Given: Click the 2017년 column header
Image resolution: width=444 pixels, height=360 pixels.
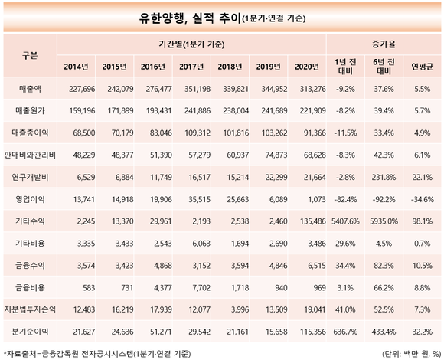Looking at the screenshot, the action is click(191, 67).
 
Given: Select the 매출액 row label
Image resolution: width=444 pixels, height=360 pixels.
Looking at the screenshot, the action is click(30, 89).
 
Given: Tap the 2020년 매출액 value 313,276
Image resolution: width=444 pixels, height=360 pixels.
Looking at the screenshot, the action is click(313, 89).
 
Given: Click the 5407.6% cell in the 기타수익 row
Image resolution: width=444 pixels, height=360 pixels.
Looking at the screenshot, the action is click(345, 221).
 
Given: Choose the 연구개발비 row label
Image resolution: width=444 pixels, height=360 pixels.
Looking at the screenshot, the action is click(30, 177).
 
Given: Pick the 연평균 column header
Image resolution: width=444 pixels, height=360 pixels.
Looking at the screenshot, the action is click(423, 67).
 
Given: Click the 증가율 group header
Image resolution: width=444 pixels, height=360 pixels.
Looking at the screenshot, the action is click(384, 44).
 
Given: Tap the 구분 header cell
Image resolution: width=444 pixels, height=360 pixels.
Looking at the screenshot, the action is click(30, 55).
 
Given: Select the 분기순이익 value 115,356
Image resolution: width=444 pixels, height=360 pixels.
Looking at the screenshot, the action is click(313, 332).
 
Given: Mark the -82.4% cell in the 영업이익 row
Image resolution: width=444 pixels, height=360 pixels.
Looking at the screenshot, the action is click(345, 199).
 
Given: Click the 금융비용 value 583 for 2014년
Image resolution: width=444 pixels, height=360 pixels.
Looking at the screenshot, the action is click(89, 288).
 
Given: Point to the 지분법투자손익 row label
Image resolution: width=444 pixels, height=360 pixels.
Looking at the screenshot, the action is click(30, 309).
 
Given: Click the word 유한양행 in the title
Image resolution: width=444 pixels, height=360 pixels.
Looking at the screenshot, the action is click(162, 18).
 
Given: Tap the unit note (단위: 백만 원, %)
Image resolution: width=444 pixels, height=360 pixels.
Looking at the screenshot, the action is click(412, 354).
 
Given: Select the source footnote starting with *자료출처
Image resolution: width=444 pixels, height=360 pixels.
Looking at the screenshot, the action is click(97, 354).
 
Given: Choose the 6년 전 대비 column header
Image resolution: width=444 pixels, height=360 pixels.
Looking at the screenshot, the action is click(384, 67).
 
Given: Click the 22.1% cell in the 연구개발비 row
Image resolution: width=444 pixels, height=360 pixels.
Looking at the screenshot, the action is click(423, 177).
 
